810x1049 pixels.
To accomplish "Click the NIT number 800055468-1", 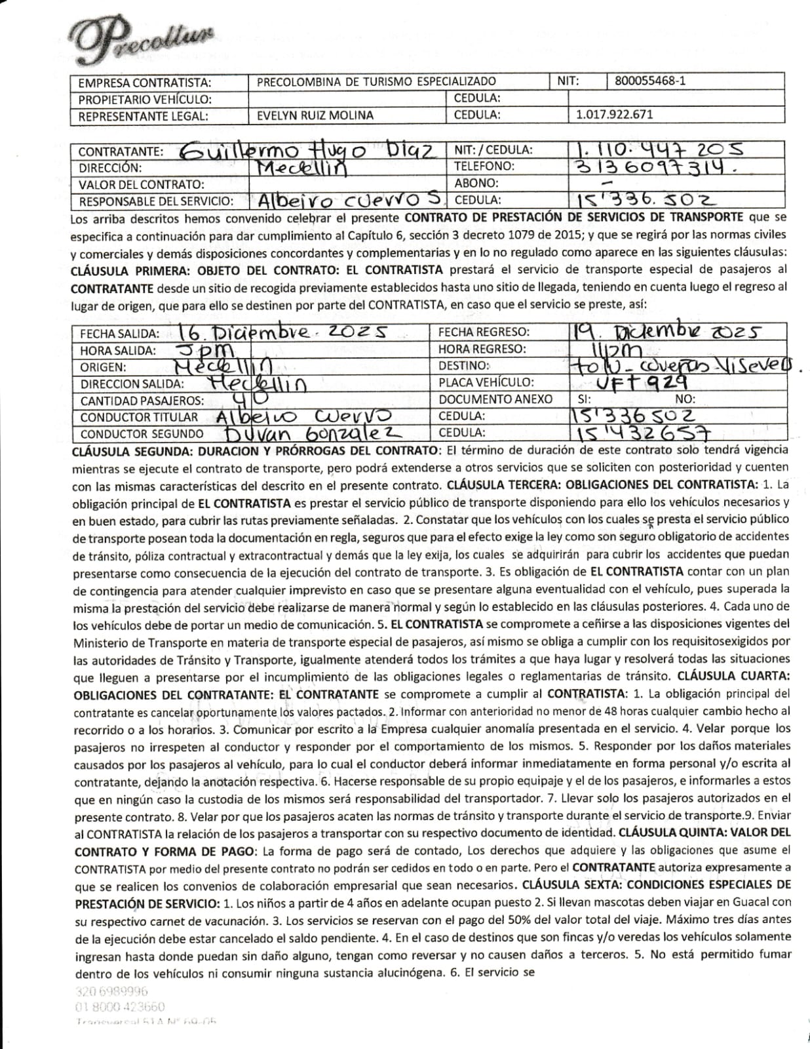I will click(650, 81).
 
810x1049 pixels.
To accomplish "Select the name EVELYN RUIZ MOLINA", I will click(315, 115).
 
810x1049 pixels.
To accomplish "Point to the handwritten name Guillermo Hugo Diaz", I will click(308, 151).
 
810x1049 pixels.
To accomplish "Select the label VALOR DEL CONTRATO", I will click(141, 185).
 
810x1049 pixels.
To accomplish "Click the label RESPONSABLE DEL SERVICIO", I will click(156, 201).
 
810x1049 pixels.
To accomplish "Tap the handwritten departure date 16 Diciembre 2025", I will click(282, 332).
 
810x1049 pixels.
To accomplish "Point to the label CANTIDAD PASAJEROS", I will click(142, 401).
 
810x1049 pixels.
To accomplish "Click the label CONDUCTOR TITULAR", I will click(139, 417).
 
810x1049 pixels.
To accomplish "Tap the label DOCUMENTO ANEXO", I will click(495, 399).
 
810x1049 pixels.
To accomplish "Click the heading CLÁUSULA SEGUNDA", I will click(130, 451).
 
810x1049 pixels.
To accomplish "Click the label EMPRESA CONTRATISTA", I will click(145, 83).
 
